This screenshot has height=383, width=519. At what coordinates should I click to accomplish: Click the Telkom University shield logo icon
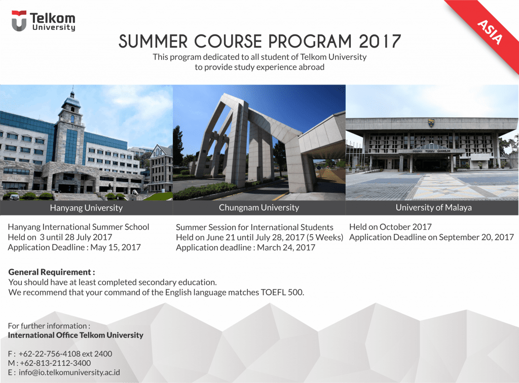tap(19, 21)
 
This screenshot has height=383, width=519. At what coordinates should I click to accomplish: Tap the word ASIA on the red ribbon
tap(490, 32)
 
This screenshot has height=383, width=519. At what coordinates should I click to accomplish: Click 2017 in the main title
tap(380, 41)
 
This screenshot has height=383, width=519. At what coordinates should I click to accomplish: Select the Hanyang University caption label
tap(86, 208)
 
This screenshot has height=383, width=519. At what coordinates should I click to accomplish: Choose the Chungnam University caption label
tap(259, 207)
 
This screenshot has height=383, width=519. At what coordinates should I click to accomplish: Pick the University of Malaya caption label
tap(434, 207)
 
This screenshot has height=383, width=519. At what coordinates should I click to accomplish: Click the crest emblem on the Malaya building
tap(431, 123)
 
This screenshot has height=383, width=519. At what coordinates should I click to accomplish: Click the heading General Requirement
tap(52, 272)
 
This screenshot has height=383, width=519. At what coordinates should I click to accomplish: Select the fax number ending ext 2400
tap(65, 354)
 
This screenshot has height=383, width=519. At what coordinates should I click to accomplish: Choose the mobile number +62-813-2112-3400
tap(55, 363)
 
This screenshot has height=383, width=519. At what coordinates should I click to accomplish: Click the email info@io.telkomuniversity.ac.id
tap(69, 372)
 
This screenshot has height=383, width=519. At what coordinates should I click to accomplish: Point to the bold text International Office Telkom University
tap(76, 335)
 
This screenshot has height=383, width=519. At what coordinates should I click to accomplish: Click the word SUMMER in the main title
tap(153, 41)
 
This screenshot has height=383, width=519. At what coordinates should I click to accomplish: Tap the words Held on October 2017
tap(390, 227)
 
